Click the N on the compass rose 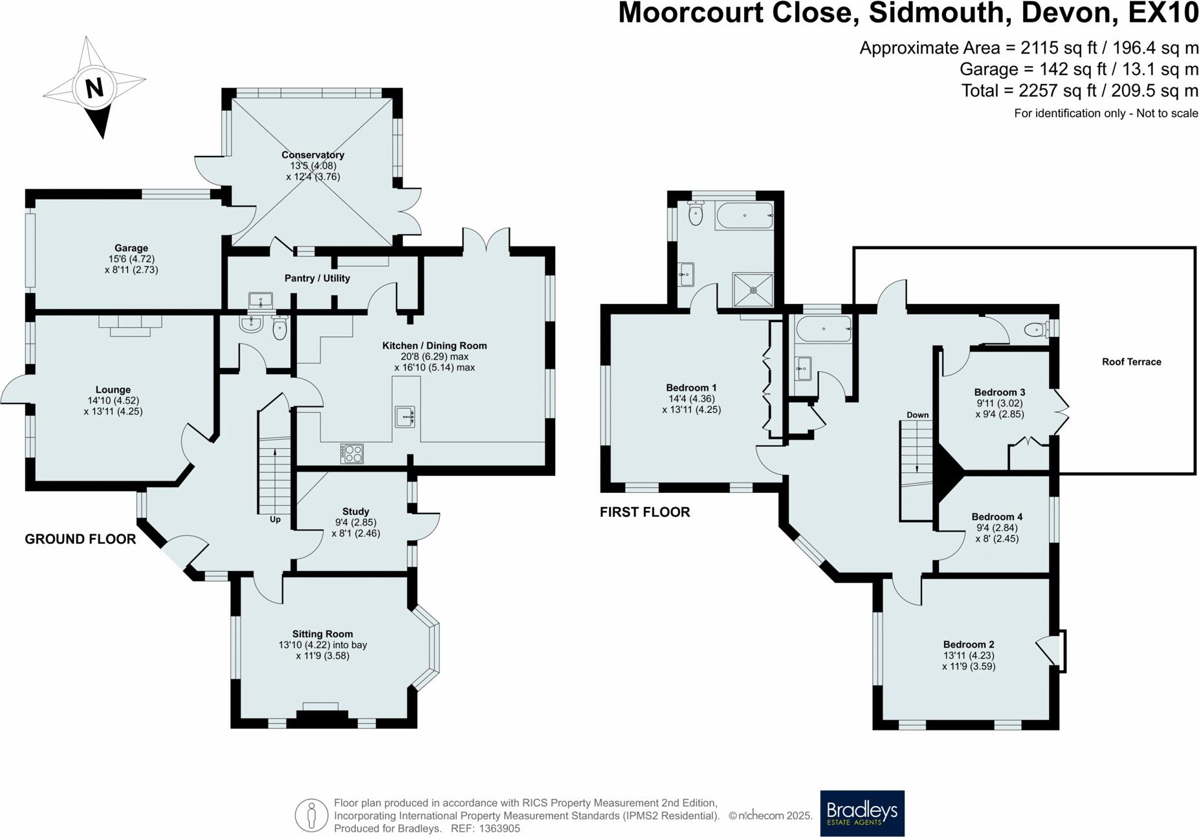[94, 88]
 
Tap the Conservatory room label [313, 155]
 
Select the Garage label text [131, 248]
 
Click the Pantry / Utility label [317, 278]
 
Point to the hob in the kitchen [352, 453]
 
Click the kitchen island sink [405, 417]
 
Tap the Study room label [356, 512]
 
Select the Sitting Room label [322, 634]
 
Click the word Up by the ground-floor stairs [275, 519]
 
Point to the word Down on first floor [918, 415]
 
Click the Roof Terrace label [1131, 362]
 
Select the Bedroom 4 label [996, 517]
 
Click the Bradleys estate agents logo [862, 813]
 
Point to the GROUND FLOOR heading [80, 539]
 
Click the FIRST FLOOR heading [644, 512]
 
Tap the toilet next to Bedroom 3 [1034, 331]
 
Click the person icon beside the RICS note [311, 815]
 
